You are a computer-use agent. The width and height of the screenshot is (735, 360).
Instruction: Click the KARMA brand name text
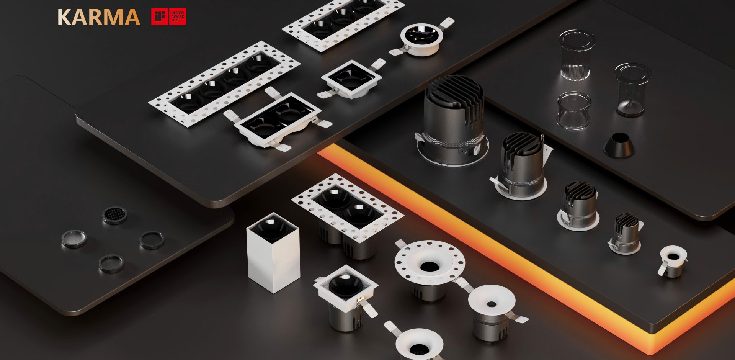(x=99, y=17)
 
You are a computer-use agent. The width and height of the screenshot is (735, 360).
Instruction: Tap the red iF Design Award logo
(x=169, y=16)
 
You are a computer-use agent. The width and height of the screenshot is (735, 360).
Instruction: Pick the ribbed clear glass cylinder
(x=577, y=55)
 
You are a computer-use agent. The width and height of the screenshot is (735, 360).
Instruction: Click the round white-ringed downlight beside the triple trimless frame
(x=422, y=40)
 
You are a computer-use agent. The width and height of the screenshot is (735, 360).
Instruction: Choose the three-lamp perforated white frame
(x=343, y=24)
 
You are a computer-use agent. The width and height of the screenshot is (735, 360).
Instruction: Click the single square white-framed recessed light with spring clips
(x=351, y=79)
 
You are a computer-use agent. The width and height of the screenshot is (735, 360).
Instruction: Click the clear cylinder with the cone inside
(x=632, y=90)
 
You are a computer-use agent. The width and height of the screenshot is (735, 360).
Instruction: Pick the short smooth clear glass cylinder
(x=573, y=110)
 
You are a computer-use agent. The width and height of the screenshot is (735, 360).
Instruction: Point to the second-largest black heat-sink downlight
(x=521, y=166)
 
